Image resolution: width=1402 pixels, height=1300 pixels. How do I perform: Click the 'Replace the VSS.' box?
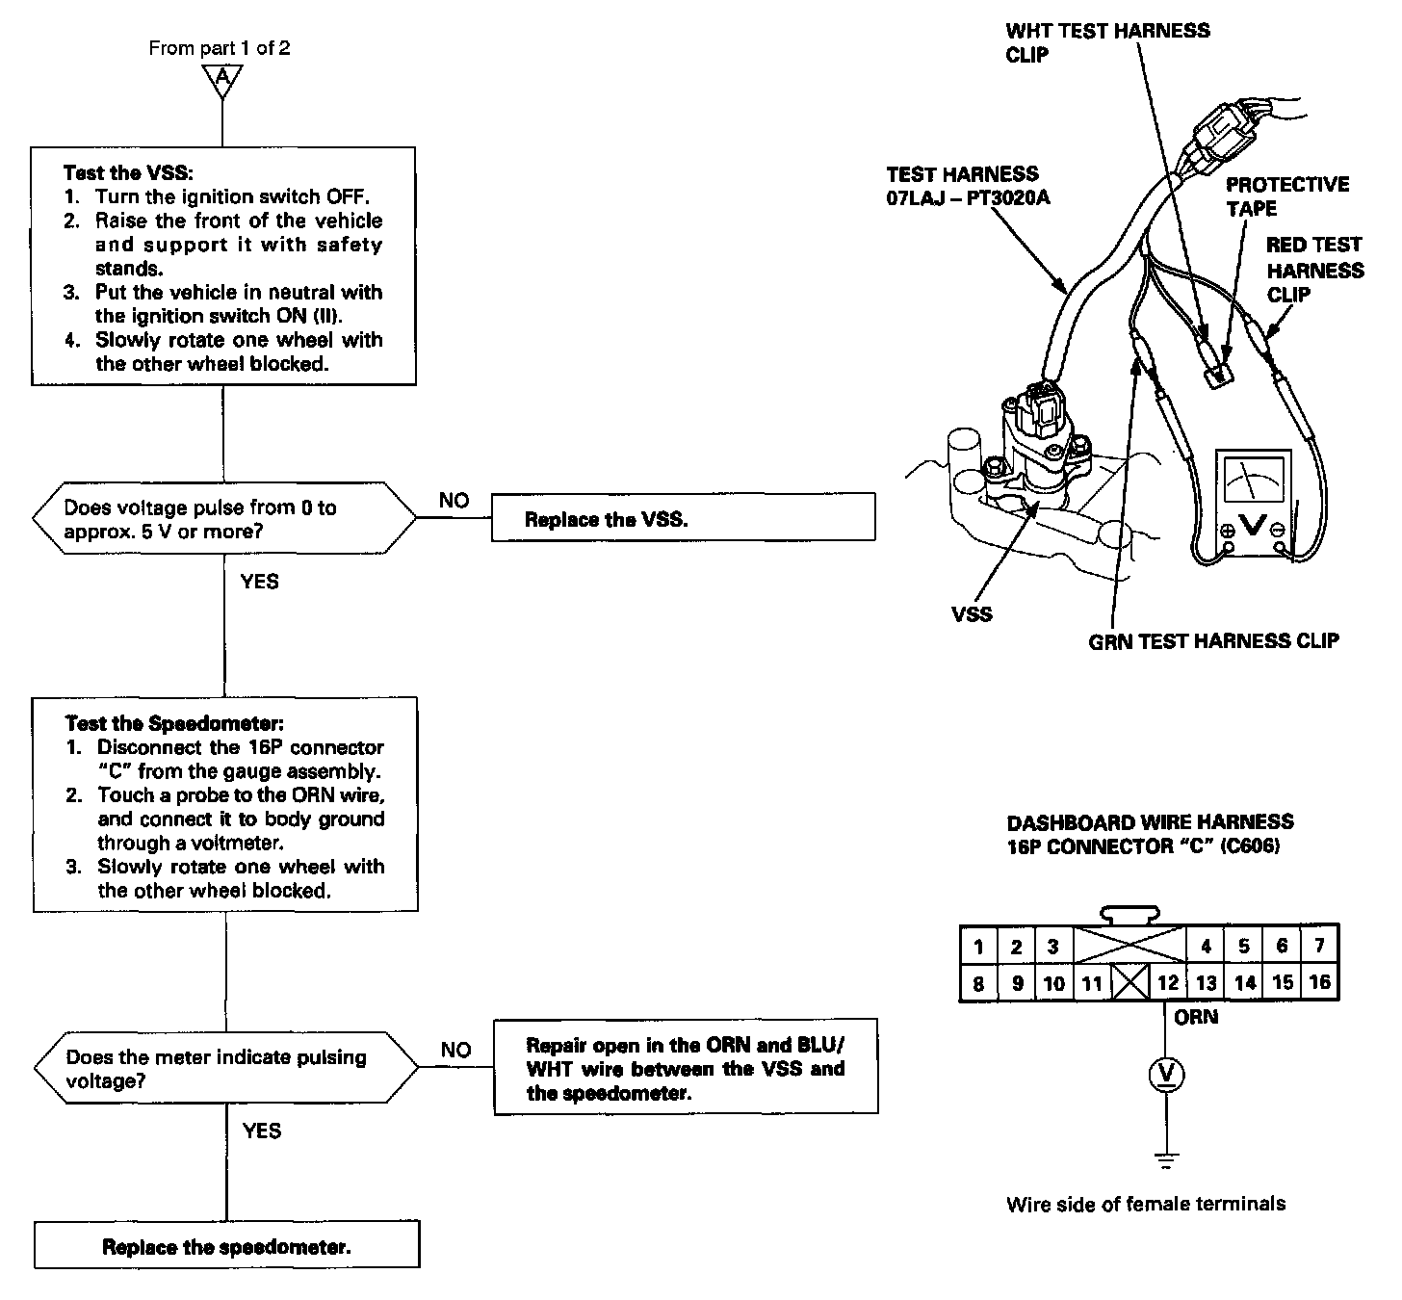[683, 518]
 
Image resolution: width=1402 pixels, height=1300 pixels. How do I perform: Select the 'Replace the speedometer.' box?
[227, 1246]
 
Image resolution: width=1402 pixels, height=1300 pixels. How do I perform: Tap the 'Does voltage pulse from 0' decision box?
[224, 519]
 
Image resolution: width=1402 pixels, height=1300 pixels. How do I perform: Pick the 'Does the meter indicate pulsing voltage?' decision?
[226, 1068]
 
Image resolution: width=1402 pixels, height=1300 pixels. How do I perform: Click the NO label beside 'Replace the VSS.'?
[454, 500]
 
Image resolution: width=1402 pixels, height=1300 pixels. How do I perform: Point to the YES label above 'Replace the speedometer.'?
[261, 1130]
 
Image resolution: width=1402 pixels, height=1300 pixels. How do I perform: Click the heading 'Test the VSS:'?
[128, 173]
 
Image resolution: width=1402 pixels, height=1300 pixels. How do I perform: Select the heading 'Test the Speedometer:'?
[173, 723]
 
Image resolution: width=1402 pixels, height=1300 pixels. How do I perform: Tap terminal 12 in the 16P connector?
[1167, 983]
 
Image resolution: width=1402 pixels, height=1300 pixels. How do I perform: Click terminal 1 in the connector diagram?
[978, 947]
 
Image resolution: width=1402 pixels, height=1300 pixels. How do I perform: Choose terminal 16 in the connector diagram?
[1319, 982]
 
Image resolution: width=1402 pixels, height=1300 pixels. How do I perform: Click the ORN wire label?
[1196, 1017]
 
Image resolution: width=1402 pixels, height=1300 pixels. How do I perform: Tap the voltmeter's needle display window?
[1252, 478]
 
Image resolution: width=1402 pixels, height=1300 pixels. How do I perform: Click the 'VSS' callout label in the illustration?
[971, 613]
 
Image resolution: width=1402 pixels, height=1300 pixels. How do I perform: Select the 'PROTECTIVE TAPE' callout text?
[1286, 195]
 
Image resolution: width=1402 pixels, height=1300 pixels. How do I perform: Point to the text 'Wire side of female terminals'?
[1146, 1203]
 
